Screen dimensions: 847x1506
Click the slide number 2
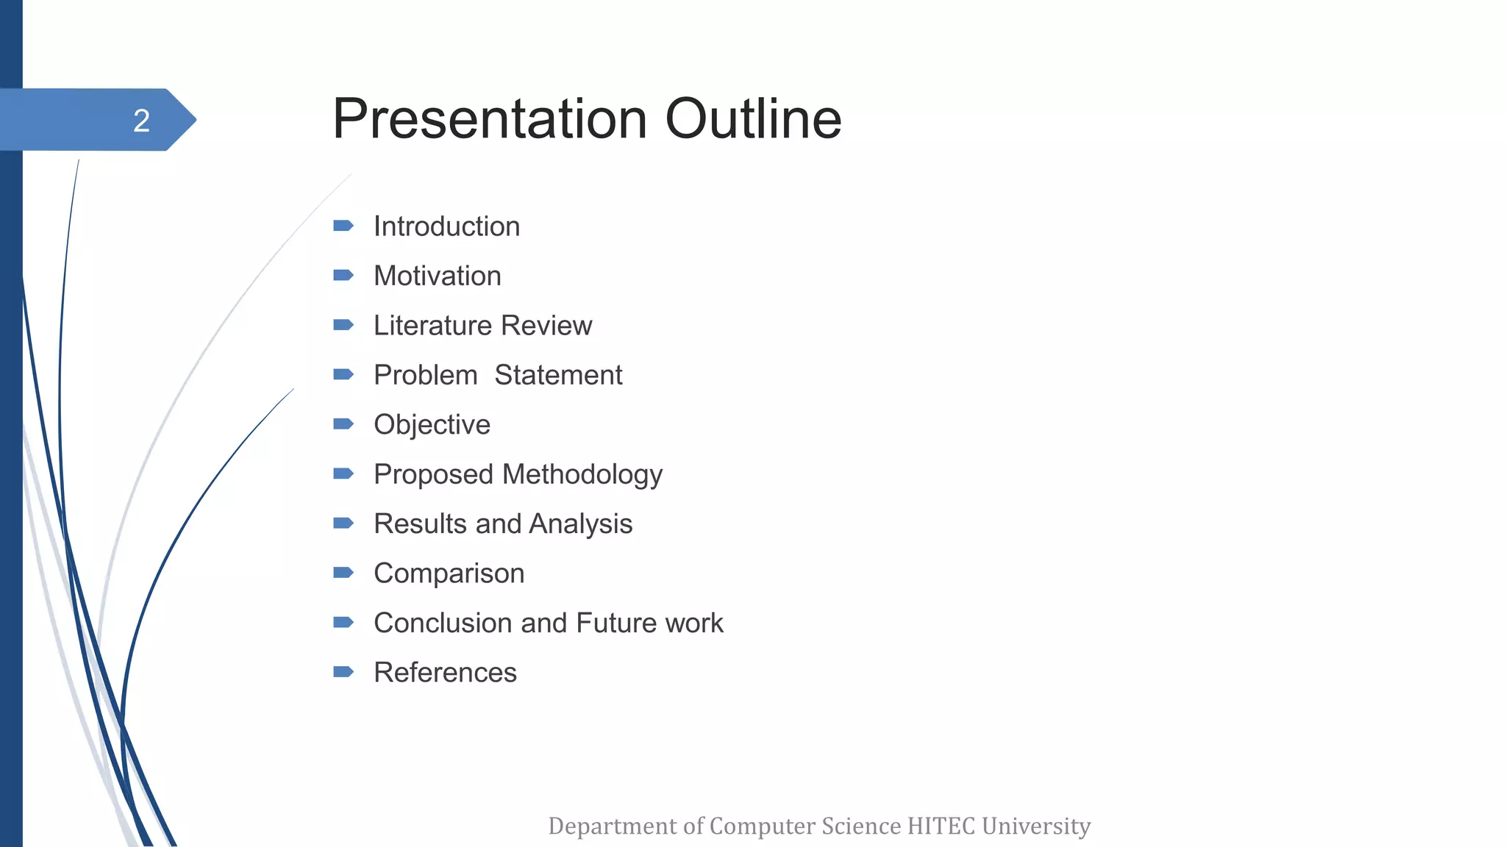[141, 121]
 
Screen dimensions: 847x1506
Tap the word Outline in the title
[753, 119]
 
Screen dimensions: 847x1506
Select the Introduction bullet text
[446, 226]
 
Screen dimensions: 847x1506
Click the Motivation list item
[437, 276]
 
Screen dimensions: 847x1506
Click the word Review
[546, 326]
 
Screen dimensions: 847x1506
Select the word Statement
[558, 376]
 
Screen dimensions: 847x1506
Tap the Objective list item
[432, 425]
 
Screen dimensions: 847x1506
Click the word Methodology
[582, 475]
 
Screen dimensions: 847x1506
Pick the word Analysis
[580, 524]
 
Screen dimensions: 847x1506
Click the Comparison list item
[449, 573]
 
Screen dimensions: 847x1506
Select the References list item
[445, 673]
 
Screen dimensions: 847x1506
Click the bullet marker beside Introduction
[343, 226]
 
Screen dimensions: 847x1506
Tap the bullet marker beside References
[343, 672]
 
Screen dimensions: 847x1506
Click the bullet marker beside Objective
[343, 424]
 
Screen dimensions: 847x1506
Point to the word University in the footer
[1036, 826]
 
